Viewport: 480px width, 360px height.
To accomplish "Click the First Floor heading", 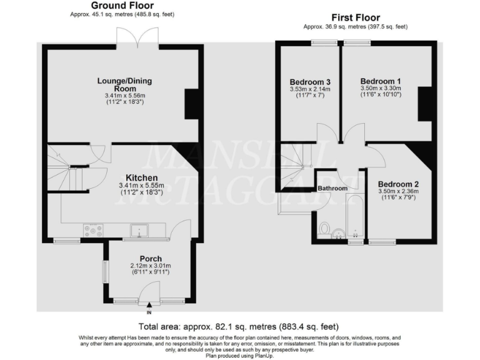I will click(355, 17).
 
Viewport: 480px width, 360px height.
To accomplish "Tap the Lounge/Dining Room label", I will click(124, 84).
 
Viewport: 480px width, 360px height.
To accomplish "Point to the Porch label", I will click(151, 259).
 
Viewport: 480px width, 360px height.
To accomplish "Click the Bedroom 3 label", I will click(310, 82).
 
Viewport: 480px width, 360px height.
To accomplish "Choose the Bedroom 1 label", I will click(381, 81).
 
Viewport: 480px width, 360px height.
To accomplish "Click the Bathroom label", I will click(332, 188).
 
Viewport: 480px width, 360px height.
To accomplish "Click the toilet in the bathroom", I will click(324, 229).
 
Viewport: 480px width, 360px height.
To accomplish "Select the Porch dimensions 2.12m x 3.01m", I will click(151, 266).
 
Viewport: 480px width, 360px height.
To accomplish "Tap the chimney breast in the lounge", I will click(193, 104).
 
